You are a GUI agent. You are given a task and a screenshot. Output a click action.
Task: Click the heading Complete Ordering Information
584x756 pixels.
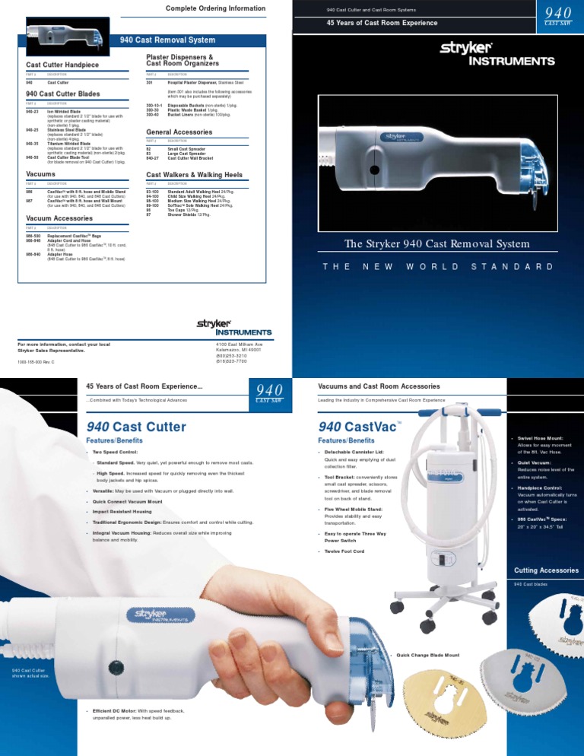click(x=215, y=8)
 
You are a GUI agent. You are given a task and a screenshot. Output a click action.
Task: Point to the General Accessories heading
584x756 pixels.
click(x=180, y=132)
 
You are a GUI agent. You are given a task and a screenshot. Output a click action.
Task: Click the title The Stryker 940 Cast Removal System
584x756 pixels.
click(x=436, y=243)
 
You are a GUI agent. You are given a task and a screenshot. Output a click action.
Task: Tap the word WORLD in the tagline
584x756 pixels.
click(x=433, y=267)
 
